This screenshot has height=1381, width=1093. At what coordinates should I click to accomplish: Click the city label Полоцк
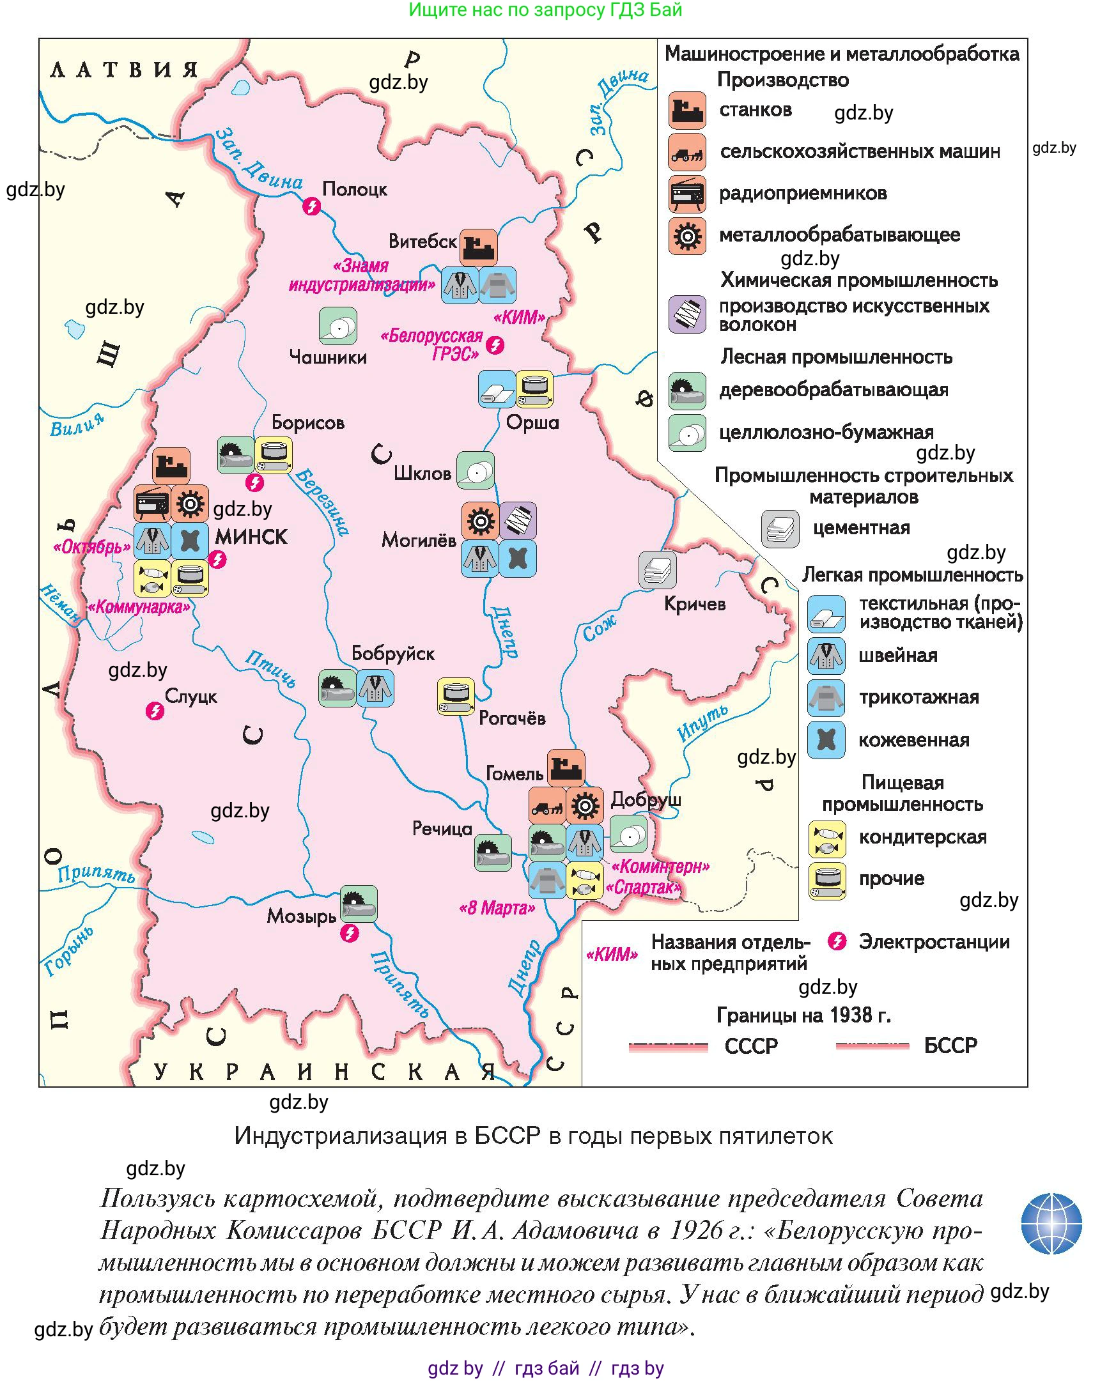coord(355,189)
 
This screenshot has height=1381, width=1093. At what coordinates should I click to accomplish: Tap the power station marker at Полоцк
coord(312,206)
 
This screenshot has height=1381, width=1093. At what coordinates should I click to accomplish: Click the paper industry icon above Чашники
coord(338,326)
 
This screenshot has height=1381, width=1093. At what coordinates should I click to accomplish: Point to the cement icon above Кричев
coord(657,570)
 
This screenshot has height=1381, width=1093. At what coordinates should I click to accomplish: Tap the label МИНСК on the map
coord(251,536)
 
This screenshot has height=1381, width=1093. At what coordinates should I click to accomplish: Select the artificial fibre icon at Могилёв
coord(518,521)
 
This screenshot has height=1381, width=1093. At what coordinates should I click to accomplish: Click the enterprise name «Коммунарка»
coord(139,607)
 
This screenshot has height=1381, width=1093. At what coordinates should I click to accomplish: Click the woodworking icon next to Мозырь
coord(359,904)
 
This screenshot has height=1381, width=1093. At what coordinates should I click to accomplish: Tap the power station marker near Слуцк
coord(155,711)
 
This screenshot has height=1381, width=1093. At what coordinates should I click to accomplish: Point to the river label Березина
coord(323,502)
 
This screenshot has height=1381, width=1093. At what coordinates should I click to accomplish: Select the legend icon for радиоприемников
coord(687,194)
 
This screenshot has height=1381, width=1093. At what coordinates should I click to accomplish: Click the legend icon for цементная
coord(780,529)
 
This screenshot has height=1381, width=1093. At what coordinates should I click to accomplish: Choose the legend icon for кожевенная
coord(826,740)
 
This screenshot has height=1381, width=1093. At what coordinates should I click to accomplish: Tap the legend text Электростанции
coord(934,942)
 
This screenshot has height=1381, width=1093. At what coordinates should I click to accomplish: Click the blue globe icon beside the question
coord(1051,1223)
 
